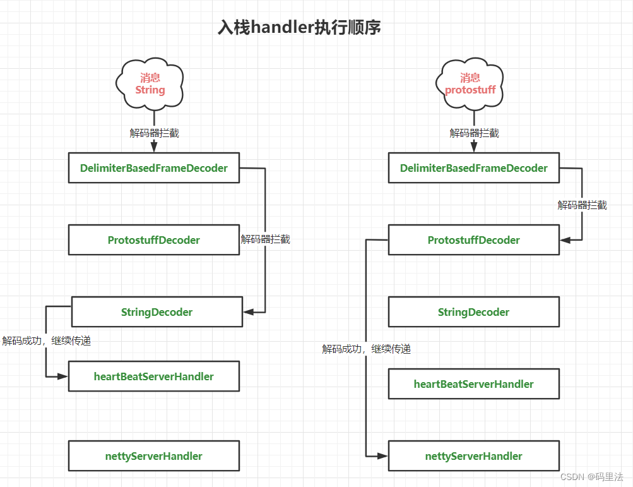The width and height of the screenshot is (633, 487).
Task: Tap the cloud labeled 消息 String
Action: (x=150, y=84)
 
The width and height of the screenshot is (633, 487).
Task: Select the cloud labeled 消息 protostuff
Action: (x=470, y=84)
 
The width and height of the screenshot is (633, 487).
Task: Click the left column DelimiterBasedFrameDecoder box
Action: (x=153, y=168)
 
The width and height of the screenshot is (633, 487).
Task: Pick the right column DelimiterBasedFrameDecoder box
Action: (x=473, y=168)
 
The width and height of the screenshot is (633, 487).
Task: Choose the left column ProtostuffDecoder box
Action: (x=153, y=240)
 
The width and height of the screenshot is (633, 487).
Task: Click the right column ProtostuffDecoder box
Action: (x=473, y=240)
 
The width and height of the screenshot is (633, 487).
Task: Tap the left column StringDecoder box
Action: (x=157, y=312)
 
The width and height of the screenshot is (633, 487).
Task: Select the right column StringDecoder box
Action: (x=473, y=312)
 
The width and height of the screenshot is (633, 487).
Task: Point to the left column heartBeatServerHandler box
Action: (x=153, y=376)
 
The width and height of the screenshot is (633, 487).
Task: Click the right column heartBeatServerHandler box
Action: (x=473, y=384)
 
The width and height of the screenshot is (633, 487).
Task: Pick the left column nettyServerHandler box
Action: (x=153, y=456)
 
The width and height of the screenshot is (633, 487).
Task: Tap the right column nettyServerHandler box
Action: (x=473, y=456)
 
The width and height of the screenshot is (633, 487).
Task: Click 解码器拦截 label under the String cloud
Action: (x=155, y=133)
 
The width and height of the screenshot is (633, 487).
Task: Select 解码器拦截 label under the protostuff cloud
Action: (x=475, y=133)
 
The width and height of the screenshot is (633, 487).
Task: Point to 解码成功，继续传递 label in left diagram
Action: (x=47, y=341)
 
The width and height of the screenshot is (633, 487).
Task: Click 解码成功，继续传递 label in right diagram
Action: (x=367, y=349)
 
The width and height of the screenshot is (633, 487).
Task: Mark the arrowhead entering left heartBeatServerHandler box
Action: (x=62, y=376)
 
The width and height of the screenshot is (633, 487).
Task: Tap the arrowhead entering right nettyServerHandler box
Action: (x=382, y=456)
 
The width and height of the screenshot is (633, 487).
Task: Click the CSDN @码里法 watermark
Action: (x=591, y=477)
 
